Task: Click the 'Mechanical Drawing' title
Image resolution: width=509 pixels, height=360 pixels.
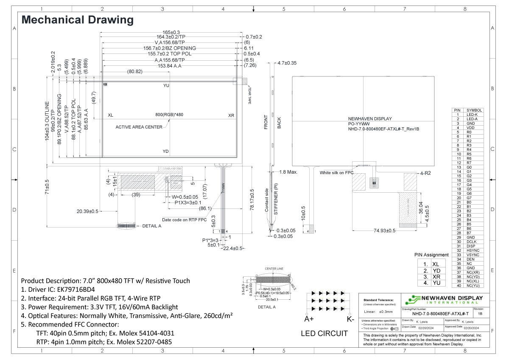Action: (77, 20)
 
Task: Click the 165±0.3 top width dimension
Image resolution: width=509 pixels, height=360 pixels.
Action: (171, 32)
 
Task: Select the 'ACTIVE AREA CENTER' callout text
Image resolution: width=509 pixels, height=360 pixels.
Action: (139, 127)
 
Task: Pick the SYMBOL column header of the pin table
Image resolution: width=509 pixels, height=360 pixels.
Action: (474, 110)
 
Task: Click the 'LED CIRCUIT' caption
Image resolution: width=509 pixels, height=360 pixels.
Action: (324, 334)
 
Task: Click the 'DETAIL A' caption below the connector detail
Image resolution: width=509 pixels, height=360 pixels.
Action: (266, 307)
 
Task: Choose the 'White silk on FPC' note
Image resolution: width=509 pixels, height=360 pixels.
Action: (337, 173)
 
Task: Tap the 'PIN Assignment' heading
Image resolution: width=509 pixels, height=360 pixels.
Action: (431, 255)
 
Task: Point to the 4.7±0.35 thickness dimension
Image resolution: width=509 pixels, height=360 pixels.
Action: (287, 63)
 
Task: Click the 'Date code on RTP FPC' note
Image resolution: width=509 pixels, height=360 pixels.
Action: (185, 219)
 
